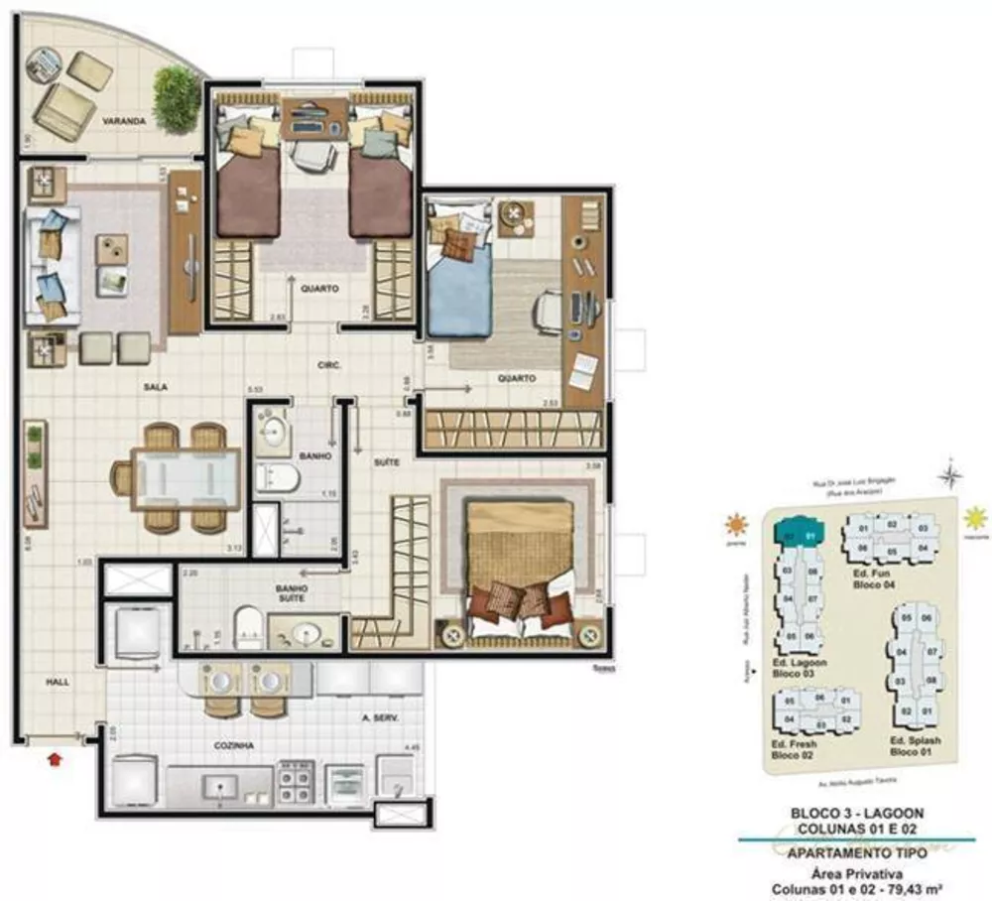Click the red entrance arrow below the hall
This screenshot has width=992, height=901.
click(55, 759)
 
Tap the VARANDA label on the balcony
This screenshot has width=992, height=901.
click(124, 121)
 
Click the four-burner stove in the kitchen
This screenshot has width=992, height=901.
click(296, 781)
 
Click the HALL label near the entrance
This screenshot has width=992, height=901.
click(57, 683)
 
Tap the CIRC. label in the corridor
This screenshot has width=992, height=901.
click(329, 365)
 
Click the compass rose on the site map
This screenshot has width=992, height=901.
click(951, 476)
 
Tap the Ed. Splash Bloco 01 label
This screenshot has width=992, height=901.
click(914, 746)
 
